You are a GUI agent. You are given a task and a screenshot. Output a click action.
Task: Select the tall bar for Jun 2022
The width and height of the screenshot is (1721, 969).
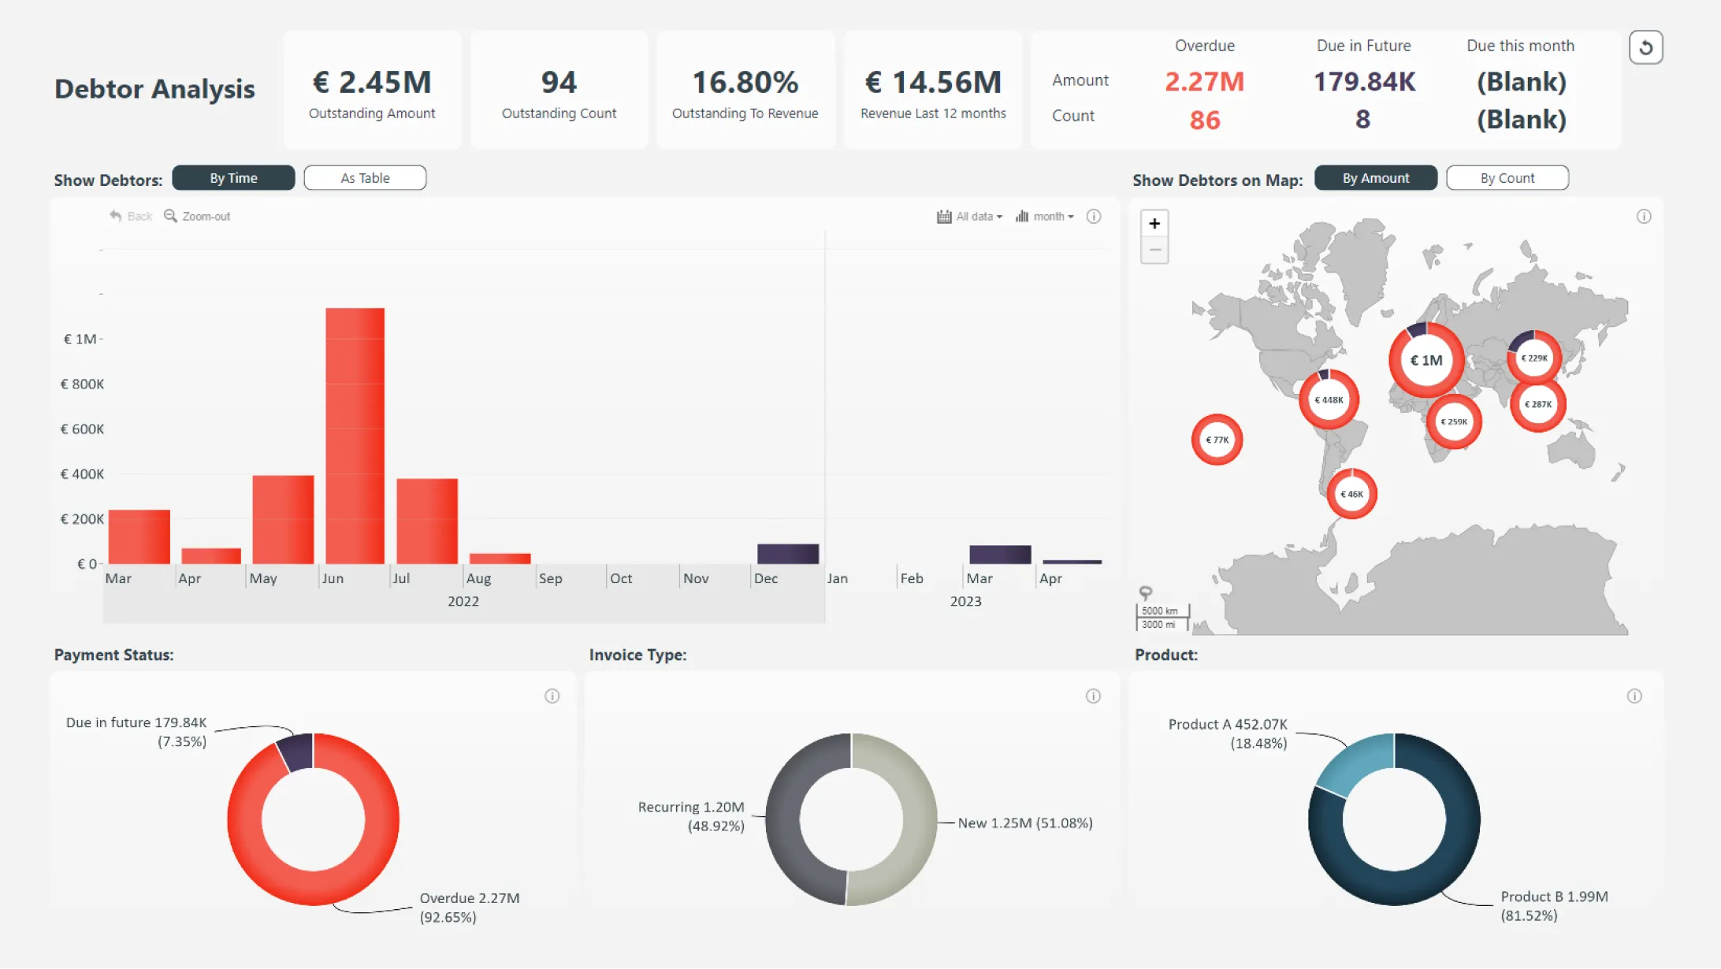pyautogui.click(x=355, y=435)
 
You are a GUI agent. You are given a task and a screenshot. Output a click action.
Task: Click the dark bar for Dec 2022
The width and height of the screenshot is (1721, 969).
pyautogui.click(x=787, y=554)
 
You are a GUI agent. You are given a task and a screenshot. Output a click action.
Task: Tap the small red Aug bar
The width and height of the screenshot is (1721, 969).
pyautogui.click(x=500, y=559)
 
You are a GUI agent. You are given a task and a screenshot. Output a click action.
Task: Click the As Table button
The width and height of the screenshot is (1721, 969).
pyautogui.click(x=365, y=178)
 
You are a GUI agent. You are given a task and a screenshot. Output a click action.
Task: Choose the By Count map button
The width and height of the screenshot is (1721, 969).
pyautogui.click(x=1507, y=178)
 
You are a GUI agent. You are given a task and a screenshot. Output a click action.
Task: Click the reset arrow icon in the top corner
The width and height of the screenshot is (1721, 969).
pyautogui.click(x=1645, y=48)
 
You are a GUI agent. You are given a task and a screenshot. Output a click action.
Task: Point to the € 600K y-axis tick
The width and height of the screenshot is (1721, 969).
pyautogui.click(x=82, y=429)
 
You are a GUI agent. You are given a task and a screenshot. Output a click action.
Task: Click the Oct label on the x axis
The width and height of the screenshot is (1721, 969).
pyautogui.click(x=621, y=578)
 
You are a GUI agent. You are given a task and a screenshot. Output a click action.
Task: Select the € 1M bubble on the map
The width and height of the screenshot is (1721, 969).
pyautogui.click(x=1426, y=360)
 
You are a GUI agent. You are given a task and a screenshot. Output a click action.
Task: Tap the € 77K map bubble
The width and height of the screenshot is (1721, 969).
pyautogui.click(x=1217, y=440)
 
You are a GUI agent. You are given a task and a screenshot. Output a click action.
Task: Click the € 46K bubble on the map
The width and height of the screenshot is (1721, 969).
pyautogui.click(x=1351, y=494)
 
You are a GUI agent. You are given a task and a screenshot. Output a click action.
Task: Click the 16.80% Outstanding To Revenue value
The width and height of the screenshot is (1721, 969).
pyautogui.click(x=745, y=82)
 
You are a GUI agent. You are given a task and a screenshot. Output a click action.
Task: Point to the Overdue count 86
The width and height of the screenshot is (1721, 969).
pyautogui.click(x=1204, y=120)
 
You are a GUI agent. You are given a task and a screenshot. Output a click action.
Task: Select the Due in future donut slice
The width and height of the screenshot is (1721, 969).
pyautogui.click(x=297, y=752)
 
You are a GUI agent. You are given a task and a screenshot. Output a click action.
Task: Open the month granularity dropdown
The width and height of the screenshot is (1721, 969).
pyautogui.click(x=1045, y=217)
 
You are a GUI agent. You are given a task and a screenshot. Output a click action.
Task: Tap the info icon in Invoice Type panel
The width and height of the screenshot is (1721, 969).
pyautogui.click(x=1093, y=696)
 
